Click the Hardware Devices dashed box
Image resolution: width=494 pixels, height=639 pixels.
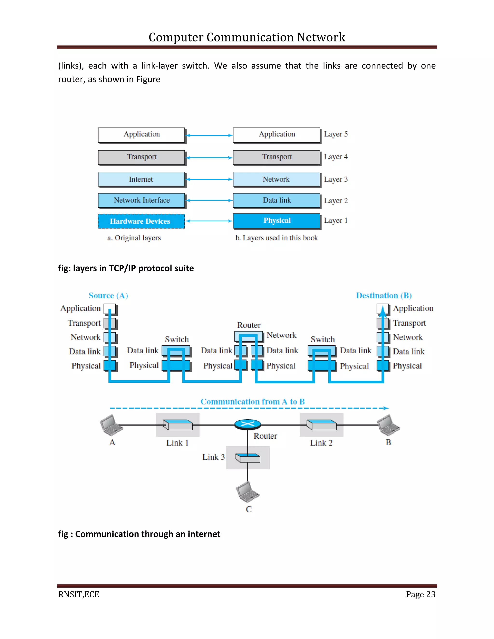(x=141, y=221)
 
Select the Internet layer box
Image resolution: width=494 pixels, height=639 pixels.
(x=141, y=179)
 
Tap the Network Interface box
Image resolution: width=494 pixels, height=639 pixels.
(x=141, y=200)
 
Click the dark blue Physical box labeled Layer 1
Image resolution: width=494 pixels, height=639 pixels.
(x=277, y=221)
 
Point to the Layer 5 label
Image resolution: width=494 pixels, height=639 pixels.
(x=336, y=134)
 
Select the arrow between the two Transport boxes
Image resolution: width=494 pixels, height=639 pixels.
(x=209, y=158)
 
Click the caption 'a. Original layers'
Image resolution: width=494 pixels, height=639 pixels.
(x=134, y=238)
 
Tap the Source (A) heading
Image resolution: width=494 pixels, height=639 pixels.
(x=108, y=296)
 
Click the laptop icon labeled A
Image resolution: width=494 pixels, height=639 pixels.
(x=111, y=425)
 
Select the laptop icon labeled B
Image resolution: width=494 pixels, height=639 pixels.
(x=388, y=426)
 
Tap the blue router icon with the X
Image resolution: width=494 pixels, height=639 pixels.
(x=247, y=424)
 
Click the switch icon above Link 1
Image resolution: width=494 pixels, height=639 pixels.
(x=178, y=425)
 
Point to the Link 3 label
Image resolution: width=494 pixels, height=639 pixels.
(x=213, y=457)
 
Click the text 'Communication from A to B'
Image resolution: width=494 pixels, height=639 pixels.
(x=252, y=402)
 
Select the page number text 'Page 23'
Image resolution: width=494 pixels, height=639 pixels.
(x=420, y=594)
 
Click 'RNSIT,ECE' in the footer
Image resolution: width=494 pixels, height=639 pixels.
(x=79, y=594)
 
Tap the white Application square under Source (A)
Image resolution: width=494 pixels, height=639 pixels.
(x=110, y=309)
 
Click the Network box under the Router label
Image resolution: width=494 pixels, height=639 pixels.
(x=248, y=336)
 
